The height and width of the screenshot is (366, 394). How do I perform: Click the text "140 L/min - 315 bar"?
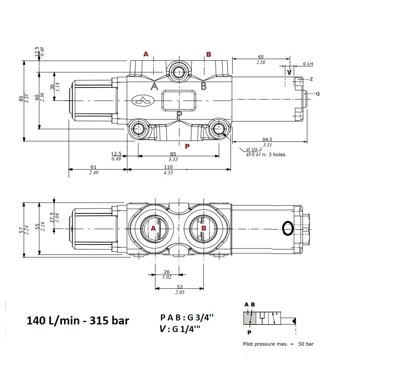click(78, 320)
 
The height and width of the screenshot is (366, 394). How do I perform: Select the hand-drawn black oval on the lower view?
click(288, 228)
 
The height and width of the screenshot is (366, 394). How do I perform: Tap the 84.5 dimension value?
click(268, 139)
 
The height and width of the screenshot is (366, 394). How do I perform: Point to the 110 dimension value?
click(168, 167)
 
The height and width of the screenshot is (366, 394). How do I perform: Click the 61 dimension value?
click(94, 167)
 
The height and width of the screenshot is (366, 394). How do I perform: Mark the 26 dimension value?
click(167, 272)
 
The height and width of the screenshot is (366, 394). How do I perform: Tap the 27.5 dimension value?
click(52, 218)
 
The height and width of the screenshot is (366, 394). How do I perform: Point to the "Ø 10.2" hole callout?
click(254, 149)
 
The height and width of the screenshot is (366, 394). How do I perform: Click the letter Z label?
click(311, 79)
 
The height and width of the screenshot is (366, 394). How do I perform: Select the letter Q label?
click(318, 94)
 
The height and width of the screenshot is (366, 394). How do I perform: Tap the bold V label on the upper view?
click(289, 72)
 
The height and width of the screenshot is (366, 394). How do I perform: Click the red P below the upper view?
click(187, 147)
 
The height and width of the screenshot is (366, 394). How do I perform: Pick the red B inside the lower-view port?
click(203, 228)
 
